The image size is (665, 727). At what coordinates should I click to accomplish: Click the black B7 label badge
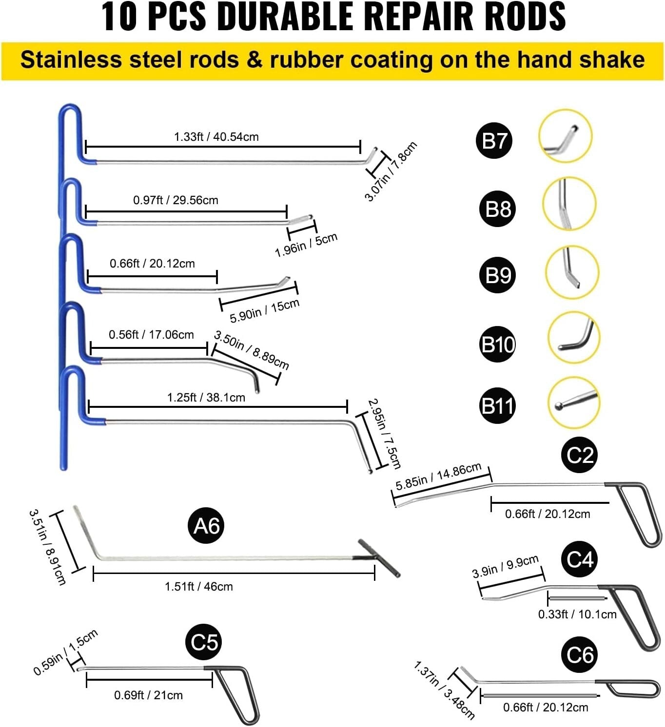click(x=494, y=141)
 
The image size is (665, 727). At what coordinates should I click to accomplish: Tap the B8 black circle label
click(x=498, y=209)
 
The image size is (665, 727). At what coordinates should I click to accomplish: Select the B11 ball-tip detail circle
click(x=574, y=403)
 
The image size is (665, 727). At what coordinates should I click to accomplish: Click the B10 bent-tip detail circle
click(x=574, y=338)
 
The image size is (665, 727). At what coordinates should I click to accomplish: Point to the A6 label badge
click(x=206, y=526)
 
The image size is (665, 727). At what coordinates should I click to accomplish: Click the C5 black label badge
click(x=204, y=642)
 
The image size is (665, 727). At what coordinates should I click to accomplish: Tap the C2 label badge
click(x=580, y=455)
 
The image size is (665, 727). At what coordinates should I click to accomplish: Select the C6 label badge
click(x=580, y=655)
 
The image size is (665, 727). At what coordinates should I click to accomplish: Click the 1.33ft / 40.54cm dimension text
click(x=216, y=137)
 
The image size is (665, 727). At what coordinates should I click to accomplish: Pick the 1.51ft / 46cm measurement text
click(x=198, y=586)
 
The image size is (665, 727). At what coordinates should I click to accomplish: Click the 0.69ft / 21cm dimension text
click(x=148, y=695)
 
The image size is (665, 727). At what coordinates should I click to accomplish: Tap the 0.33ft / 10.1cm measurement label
click(x=577, y=614)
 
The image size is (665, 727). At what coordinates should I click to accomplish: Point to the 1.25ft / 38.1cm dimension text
click(x=206, y=398)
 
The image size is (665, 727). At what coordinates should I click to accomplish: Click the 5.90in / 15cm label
click(x=264, y=311)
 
